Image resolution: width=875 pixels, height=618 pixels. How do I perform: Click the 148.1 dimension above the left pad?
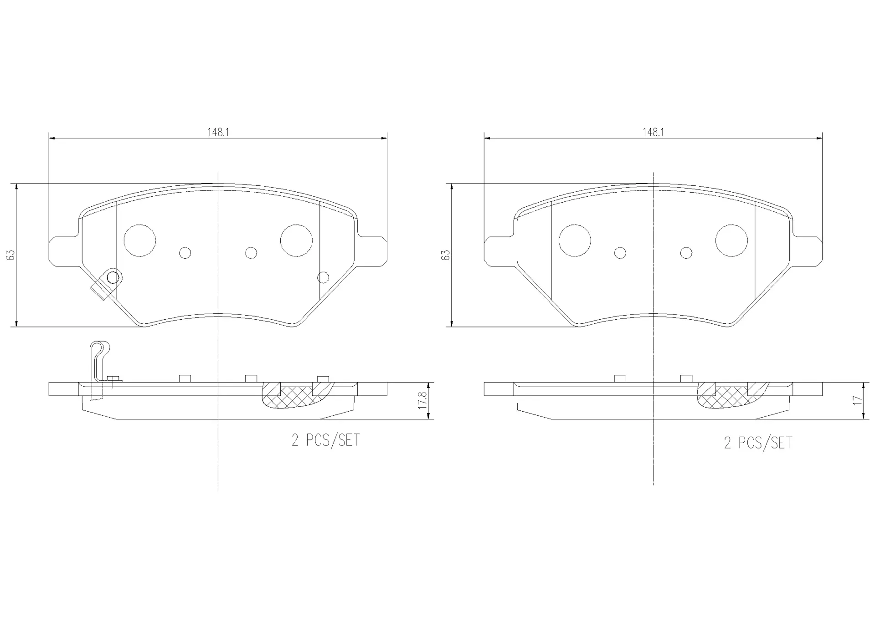[218, 132]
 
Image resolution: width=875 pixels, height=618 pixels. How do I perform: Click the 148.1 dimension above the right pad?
[653, 132]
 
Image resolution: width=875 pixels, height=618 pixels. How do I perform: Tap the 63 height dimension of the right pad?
[447, 255]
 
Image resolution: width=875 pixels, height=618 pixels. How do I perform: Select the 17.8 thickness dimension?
[422, 400]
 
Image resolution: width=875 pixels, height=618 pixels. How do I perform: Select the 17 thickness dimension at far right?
[858, 400]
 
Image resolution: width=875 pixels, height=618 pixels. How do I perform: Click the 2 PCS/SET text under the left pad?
[326, 440]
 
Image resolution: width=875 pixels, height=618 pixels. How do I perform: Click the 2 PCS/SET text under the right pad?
[758, 443]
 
